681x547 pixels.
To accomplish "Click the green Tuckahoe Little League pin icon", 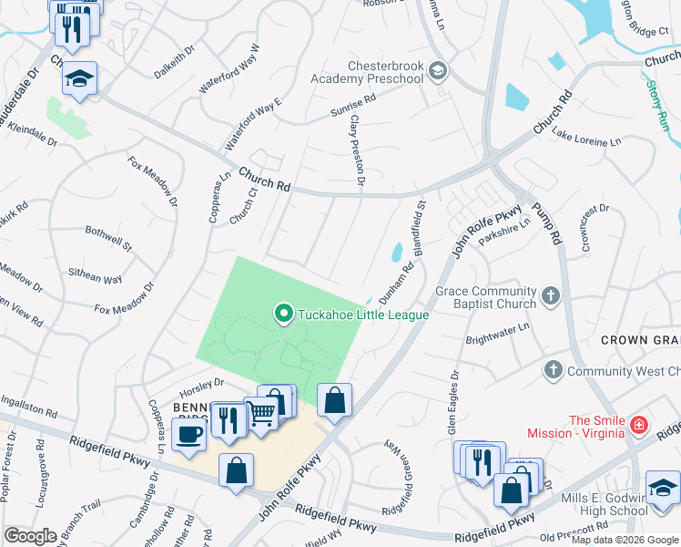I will (x=283, y=315).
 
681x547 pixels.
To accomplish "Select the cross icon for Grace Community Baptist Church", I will (x=550, y=295).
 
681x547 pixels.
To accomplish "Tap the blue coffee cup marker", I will (x=188, y=435).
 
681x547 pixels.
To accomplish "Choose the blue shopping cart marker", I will (x=262, y=415).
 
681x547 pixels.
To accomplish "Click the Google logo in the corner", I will (x=31, y=536).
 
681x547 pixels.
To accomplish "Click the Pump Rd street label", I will (x=547, y=222).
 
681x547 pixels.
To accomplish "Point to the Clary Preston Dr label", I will (x=356, y=151).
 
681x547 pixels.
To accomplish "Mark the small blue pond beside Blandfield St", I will (x=396, y=252).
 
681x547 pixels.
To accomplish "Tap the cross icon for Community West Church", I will (x=553, y=370).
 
